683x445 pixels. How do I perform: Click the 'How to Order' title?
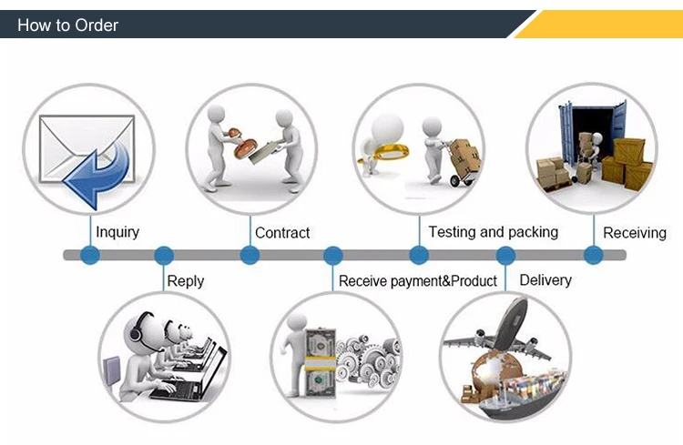tap(67, 25)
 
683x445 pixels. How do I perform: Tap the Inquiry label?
tap(117, 232)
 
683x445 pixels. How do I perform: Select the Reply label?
tap(185, 282)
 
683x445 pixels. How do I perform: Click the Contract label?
tap(282, 233)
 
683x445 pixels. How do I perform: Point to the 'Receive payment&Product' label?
tap(418, 281)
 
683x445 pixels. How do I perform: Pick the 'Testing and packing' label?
tap(493, 232)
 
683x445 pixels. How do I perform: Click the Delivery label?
tap(545, 280)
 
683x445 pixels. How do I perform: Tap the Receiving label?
tap(635, 233)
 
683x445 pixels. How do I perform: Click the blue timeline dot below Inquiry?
tap(89, 256)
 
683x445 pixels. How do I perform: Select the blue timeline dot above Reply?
tap(164, 256)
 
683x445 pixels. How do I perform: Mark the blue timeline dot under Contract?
tap(250, 256)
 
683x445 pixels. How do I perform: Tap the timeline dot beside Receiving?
tap(592, 256)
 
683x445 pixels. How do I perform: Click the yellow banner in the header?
tap(601, 25)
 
